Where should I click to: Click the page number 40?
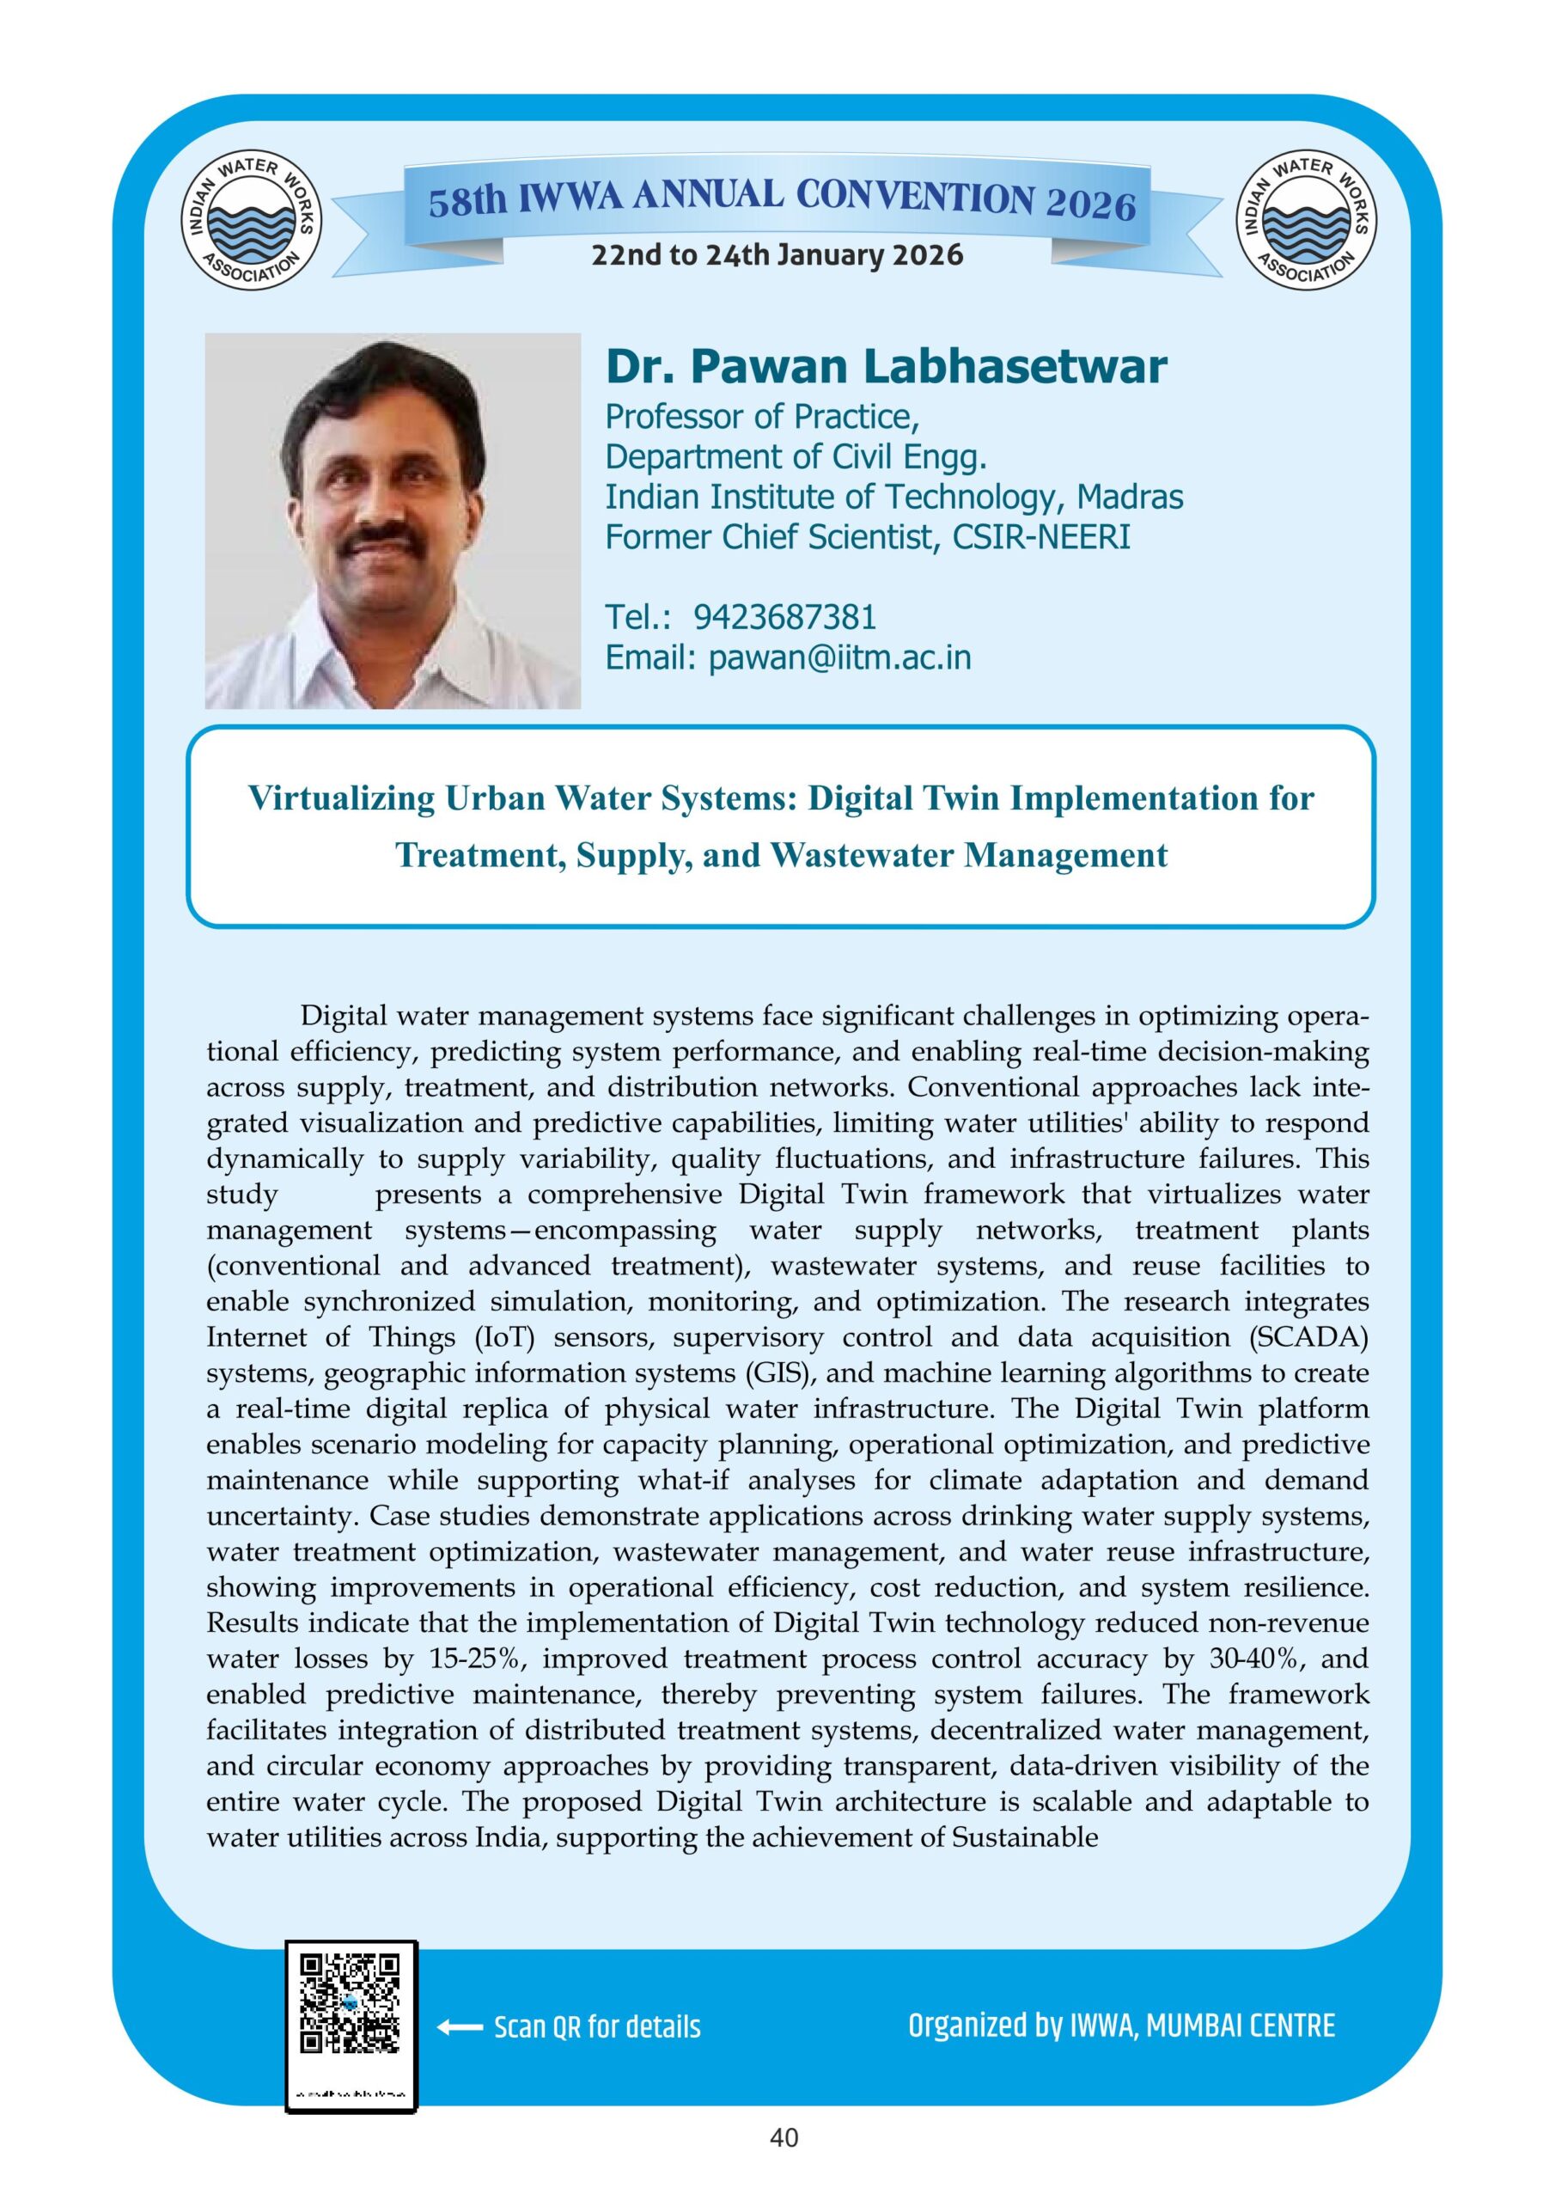784,2159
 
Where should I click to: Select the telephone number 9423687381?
784,617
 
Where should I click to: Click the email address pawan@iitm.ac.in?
839,657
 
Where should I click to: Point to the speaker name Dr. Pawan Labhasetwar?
885,366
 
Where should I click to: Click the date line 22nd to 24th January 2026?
777,255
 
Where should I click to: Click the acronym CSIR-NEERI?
1040,536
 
